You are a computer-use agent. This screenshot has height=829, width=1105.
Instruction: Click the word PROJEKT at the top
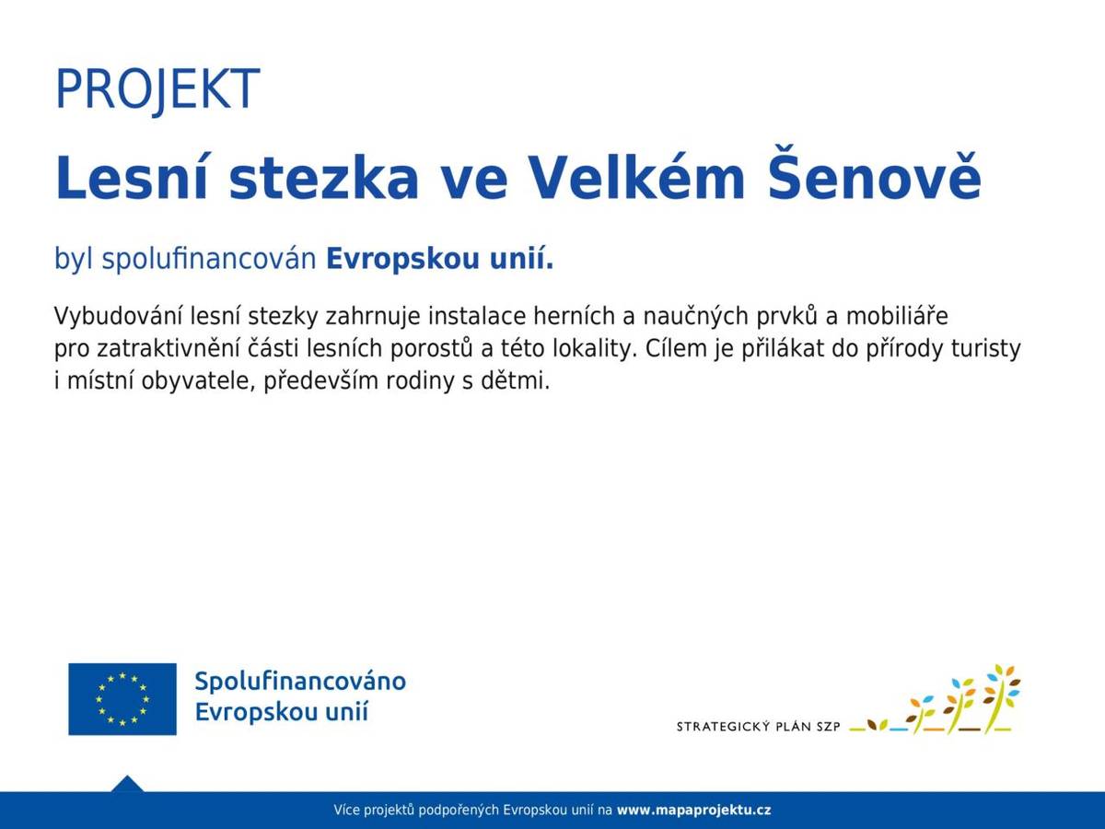point(157,88)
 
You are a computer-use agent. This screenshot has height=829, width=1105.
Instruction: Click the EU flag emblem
point(122,699)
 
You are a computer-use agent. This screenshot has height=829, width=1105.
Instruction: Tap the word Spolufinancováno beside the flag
point(300,683)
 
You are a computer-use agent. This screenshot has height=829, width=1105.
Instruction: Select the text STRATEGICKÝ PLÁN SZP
point(759,726)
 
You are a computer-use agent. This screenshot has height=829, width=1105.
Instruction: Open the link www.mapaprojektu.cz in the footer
point(694,811)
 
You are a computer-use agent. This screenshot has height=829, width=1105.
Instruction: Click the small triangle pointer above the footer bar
point(127,784)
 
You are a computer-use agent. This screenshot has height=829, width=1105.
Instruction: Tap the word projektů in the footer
point(390,811)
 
